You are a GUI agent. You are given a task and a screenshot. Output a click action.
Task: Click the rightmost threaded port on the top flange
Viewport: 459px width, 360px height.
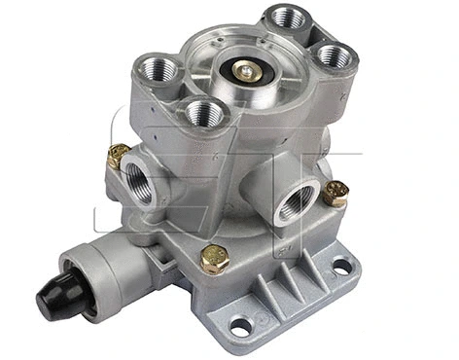[332, 54]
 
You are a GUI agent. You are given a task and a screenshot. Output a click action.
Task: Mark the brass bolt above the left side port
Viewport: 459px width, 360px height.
[119, 154]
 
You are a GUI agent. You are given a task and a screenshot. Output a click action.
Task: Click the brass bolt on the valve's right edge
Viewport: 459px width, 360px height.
[335, 193]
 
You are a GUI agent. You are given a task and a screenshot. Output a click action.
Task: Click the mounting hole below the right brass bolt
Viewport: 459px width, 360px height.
[341, 264]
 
